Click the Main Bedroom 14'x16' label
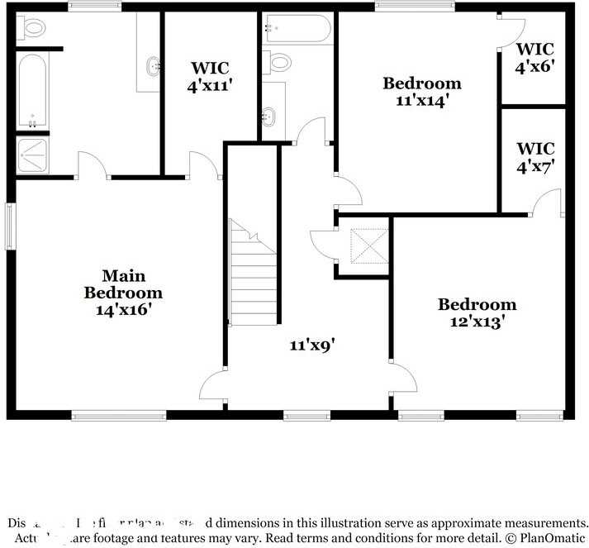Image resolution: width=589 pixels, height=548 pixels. (x=123, y=293)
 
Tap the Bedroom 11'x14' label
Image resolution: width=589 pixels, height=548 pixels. (x=421, y=92)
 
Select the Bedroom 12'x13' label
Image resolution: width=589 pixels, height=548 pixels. (x=477, y=313)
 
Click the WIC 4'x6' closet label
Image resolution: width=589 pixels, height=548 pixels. (x=534, y=58)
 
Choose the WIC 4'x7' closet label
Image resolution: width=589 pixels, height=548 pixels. (x=534, y=157)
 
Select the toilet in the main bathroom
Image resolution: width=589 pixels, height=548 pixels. (x=33, y=29)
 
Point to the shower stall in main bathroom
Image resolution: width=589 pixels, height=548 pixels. (x=33, y=155)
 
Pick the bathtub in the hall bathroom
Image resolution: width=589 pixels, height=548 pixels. (x=297, y=29)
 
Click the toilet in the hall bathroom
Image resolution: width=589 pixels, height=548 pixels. (x=279, y=61)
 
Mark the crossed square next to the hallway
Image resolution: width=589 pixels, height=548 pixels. (x=363, y=245)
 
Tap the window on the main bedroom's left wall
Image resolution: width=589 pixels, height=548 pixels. (x=9, y=226)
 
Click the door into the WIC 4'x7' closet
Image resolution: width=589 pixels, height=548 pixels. (x=545, y=202)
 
